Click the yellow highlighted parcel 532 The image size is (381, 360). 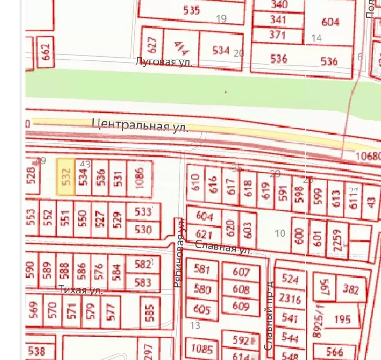click(66, 177)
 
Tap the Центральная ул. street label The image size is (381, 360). click(140, 125)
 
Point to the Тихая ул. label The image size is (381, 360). click(80, 290)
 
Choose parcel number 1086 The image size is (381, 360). click(140, 179)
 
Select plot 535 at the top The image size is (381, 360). click(191, 11)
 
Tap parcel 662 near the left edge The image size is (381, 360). click(46, 52)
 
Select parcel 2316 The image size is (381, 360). click(289, 298)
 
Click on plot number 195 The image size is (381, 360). click(342, 319)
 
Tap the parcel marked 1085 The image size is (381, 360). click(202, 349)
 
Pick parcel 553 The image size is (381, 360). click(31, 219)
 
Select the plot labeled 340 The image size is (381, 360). click(279, 5)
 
